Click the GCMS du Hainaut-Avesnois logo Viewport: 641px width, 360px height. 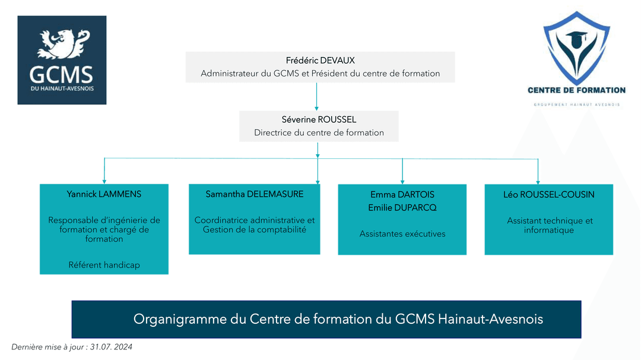click(x=62, y=60)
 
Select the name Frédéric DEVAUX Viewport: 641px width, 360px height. click(x=320, y=60)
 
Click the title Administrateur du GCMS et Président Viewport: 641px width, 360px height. click(x=320, y=74)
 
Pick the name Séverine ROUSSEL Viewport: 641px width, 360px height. click(x=319, y=119)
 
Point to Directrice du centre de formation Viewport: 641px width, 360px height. click(x=319, y=132)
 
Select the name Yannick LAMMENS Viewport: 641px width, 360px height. click(x=104, y=194)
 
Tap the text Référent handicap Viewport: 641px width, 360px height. click(x=104, y=265)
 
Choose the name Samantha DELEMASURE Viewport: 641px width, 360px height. click(x=254, y=194)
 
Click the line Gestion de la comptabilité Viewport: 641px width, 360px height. click(x=254, y=230)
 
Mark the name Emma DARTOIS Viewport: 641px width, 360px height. click(x=402, y=195)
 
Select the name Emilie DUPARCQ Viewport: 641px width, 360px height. click(x=402, y=208)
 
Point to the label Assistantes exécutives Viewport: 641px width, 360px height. click(x=402, y=234)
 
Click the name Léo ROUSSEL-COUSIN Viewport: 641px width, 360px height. click(x=548, y=194)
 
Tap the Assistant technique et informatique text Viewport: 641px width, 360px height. click(x=549, y=225)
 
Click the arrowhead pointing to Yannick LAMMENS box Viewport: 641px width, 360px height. click(x=104, y=180)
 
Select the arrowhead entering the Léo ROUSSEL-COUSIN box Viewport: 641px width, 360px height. click(x=538, y=181)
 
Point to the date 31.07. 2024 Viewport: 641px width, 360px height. click(x=111, y=347)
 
